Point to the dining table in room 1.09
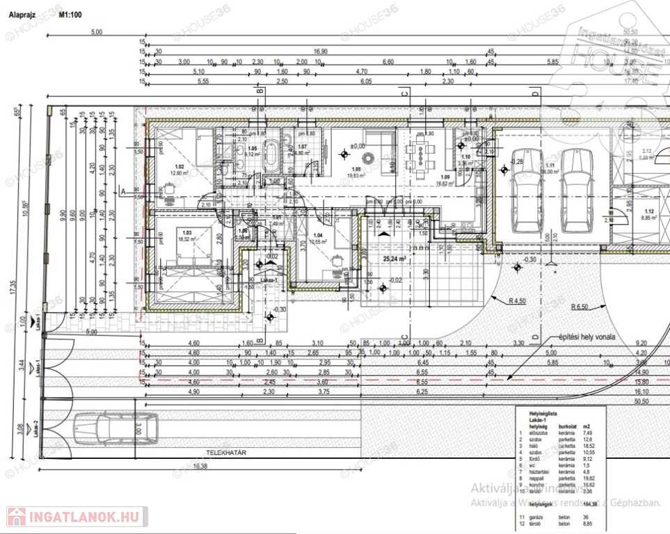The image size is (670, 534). (x=422, y=154)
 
